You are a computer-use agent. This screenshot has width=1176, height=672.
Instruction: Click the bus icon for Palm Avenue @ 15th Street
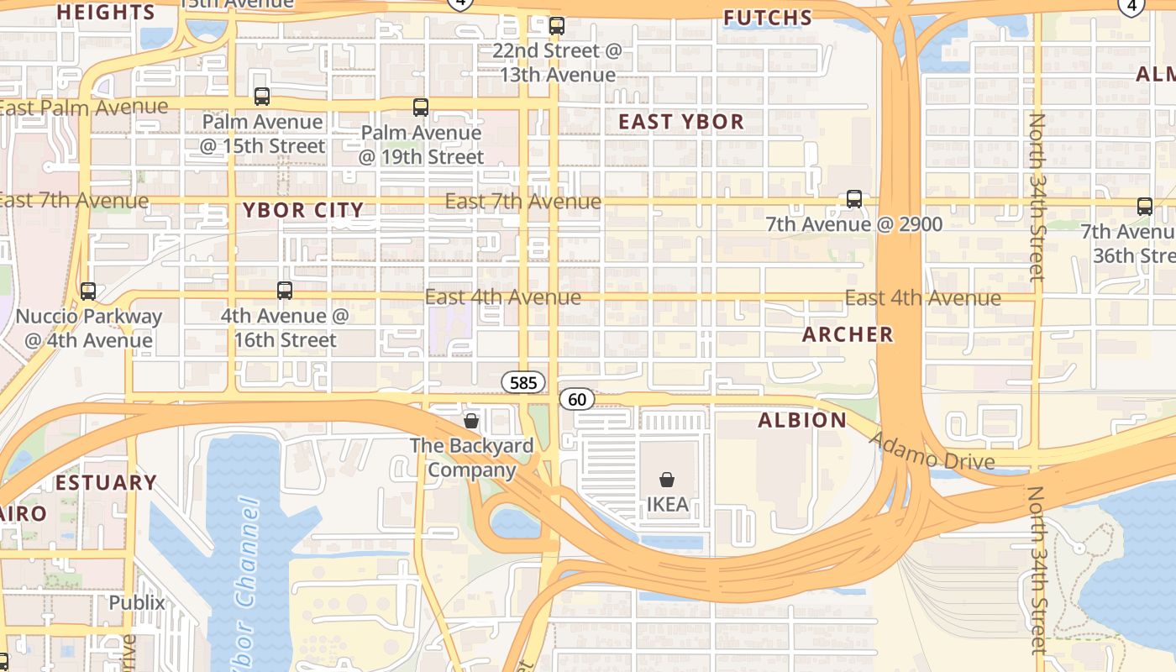click(262, 97)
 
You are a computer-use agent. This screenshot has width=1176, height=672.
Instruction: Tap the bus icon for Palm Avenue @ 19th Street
click(421, 108)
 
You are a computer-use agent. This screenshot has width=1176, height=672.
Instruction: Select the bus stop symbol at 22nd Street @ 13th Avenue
click(556, 25)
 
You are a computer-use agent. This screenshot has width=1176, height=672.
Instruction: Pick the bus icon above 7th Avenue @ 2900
click(854, 199)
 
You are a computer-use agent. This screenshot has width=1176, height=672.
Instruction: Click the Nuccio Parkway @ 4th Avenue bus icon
click(88, 291)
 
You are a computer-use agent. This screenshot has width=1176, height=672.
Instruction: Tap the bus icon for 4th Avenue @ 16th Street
click(285, 291)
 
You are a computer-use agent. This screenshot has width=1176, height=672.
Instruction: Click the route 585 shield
click(523, 383)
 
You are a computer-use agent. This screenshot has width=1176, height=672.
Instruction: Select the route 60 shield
click(577, 399)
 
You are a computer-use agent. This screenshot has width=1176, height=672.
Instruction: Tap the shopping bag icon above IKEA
click(667, 480)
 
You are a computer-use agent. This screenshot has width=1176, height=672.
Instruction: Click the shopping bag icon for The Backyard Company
click(471, 420)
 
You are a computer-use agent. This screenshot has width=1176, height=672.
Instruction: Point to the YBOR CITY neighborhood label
click(303, 210)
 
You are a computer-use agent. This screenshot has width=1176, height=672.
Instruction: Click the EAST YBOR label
click(681, 122)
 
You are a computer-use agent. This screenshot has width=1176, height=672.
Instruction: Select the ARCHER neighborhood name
click(848, 334)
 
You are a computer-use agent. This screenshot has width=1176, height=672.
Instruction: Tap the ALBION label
click(802, 420)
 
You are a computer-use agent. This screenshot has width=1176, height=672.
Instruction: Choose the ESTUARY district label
click(107, 482)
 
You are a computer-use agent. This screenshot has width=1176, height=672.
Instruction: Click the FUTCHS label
click(768, 18)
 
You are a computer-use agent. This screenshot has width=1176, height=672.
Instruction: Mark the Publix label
click(137, 602)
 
